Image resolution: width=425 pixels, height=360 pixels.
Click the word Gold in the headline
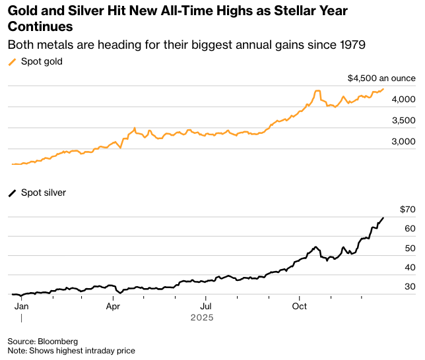(22, 11)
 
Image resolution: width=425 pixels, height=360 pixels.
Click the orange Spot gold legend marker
(12, 62)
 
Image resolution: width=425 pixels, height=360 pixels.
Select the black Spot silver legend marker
(12, 193)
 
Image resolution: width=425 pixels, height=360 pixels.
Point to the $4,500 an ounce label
(381, 78)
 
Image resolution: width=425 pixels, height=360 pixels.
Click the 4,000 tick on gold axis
(403, 99)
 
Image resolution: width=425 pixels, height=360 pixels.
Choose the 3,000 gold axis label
(403, 141)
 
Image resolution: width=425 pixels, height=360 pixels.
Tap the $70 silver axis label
(407, 210)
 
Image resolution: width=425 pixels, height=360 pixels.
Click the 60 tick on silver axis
(410, 229)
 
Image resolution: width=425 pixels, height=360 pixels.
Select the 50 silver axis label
(410, 248)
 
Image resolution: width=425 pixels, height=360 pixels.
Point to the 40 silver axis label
(410, 267)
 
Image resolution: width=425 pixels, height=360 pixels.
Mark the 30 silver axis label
(410, 286)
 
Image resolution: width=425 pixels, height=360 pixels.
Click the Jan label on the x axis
(21, 306)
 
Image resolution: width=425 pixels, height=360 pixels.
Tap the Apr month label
(113, 306)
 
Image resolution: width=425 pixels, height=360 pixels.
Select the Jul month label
(206, 306)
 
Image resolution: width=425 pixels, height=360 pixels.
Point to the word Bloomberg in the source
(57, 342)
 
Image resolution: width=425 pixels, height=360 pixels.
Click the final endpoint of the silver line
(383, 218)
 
